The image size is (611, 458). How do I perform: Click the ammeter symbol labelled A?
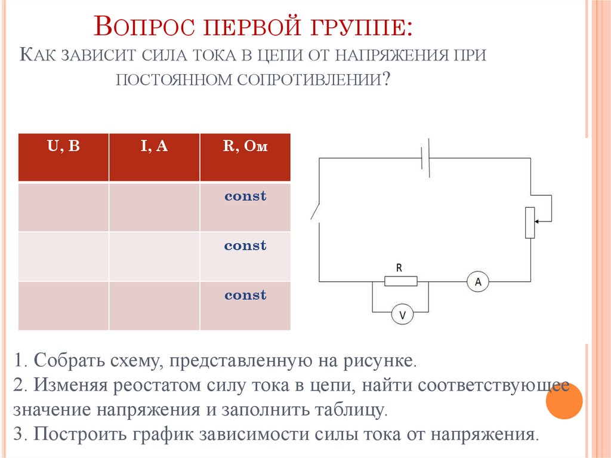point(477,281)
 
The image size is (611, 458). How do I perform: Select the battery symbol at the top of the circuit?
point(425,158)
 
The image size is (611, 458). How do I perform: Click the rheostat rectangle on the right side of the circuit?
point(530,222)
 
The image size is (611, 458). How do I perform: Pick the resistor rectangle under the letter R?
point(400,281)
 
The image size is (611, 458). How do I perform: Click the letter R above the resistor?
point(400,267)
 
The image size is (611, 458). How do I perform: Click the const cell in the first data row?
point(245,196)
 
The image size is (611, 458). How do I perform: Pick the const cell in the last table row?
point(245,296)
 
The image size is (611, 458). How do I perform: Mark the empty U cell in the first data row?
point(63,207)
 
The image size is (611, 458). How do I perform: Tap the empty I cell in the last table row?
point(154,306)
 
